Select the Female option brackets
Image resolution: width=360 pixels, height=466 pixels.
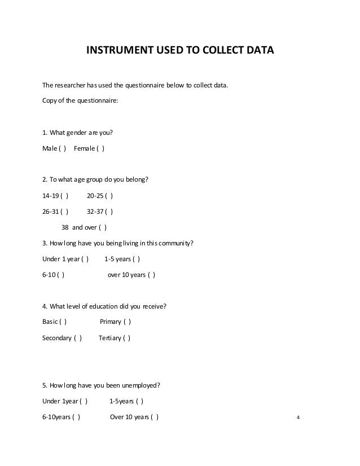point(101,149)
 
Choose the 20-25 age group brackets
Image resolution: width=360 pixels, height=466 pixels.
point(109,196)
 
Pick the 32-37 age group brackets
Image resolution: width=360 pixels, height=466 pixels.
point(109,212)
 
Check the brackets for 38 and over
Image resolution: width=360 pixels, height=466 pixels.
point(103,228)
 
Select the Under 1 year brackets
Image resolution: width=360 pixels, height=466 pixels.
point(85,260)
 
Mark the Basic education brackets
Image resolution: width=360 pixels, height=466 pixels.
point(64,322)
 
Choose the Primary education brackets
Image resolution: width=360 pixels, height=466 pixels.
point(128,322)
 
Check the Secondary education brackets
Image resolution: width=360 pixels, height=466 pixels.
point(78,338)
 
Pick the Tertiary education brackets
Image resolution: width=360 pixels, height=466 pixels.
point(127,338)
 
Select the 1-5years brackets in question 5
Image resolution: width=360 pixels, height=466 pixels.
point(140,402)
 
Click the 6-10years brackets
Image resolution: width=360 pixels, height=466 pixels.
point(77,417)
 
